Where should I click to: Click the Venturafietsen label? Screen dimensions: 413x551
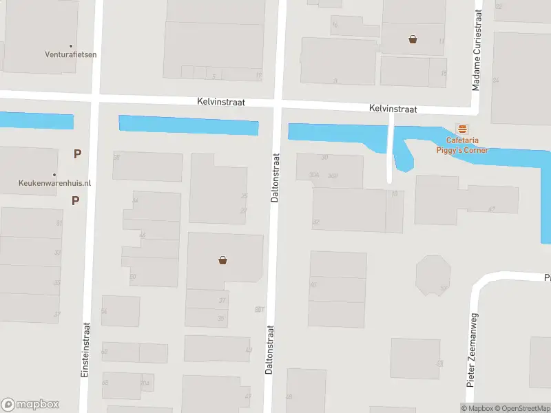click(x=71, y=55)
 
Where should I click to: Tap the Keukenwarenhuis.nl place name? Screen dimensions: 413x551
click(x=54, y=184)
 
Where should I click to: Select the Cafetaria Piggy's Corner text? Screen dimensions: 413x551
click(x=461, y=146)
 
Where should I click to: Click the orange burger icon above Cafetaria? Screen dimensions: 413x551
click(x=462, y=129)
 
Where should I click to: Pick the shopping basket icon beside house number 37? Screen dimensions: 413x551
click(x=222, y=260)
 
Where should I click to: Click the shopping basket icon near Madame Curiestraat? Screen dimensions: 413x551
click(x=413, y=39)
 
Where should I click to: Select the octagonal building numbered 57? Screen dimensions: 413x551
click(x=433, y=275)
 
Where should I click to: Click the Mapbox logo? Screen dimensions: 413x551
click(x=30, y=405)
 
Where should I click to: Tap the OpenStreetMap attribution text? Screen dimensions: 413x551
click(x=521, y=408)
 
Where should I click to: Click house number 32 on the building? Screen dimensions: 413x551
click(x=315, y=222)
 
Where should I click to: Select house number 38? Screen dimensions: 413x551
click(x=116, y=158)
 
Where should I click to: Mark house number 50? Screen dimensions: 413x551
click(x=133, y=277)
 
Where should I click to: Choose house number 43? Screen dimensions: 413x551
click(x=248, y=350)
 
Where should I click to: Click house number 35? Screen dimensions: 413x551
click(x=221, y=318)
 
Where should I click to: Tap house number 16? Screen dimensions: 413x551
click(x=335, y=25)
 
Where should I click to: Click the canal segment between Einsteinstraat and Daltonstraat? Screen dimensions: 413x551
click(x=188, y=125)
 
